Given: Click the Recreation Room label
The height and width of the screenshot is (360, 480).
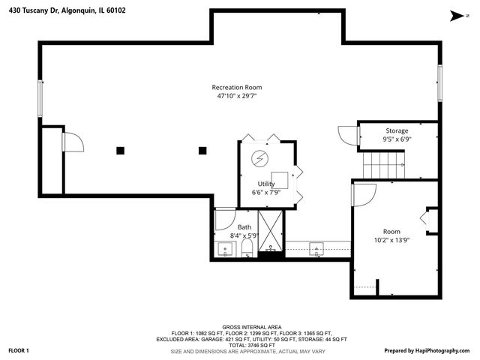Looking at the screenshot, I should pyautogui.click(x=236, y=87).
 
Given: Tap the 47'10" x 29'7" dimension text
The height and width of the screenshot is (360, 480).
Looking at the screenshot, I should pyautogui.click(x=236, y=96).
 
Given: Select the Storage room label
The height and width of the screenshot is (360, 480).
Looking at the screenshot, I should pyautogui.click(x=397, y=130).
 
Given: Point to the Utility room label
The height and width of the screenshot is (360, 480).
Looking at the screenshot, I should pyautogui.click(x=266, y=184).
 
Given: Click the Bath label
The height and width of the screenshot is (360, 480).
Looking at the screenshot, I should pyautogui.click(x=244, y=226).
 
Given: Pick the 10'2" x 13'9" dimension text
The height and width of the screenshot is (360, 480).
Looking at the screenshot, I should pyautogui.click(x=391, y=241).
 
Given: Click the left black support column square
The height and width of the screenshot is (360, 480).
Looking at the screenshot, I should pyautogui.click(x=120, y=150).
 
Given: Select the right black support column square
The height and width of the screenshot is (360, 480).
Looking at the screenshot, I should pyautogui.click(x=202, y=150).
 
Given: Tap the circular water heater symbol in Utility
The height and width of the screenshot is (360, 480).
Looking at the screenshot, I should pyautogui.click(x=260, y=158).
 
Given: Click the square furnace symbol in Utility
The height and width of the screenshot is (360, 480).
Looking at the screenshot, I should pyautogui.click(x=280, y=180).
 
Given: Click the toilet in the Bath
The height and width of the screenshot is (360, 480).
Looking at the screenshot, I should pyautogui.click(x=247, y=249).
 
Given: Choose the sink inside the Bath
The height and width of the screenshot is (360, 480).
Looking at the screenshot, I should pyautogui.click(x=224, y=249).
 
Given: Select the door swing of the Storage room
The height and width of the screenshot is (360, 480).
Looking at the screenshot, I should pyautogui.click(x=348, y=136).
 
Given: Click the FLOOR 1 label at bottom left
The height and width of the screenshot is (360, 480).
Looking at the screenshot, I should pyautogui.click(x=19, y=350).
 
